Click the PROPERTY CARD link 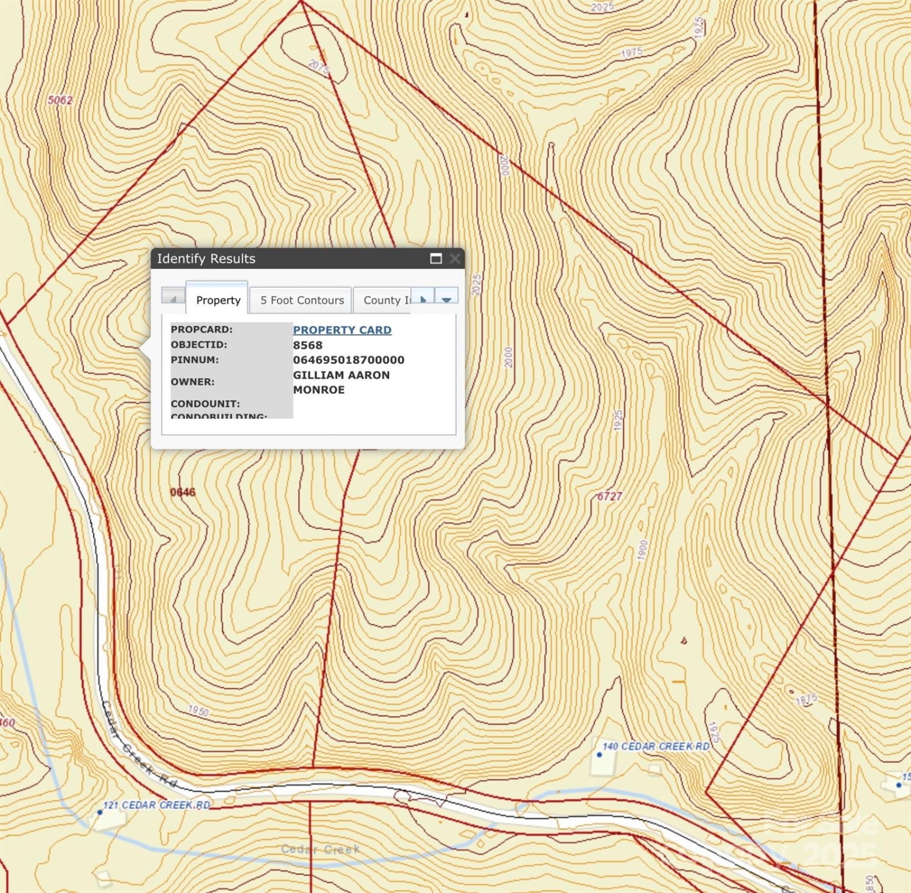(x=342, y=330)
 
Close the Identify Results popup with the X (x=455, y=259)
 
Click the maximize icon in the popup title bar (x=436, y=259)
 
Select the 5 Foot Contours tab (x=302, y=300)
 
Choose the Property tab (x=218, y=300)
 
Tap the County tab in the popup (x=385, y=300)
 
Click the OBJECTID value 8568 (x=307, y=345)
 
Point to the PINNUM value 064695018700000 (x=348, y=360)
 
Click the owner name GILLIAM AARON (x=341, y=375)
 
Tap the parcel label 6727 (x=610, y=496)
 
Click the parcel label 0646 (x=183, y=492)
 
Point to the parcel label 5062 (x=60, y=100)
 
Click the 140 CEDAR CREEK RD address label (x=656, y=747)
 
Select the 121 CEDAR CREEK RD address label (x=157, y=805)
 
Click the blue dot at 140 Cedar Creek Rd (x=599, y=755)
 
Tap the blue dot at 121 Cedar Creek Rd (x=100, y=812)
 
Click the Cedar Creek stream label (x=320, y=849)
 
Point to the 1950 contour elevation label (x=198, y=711)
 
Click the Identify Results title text (x=206, y=259)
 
